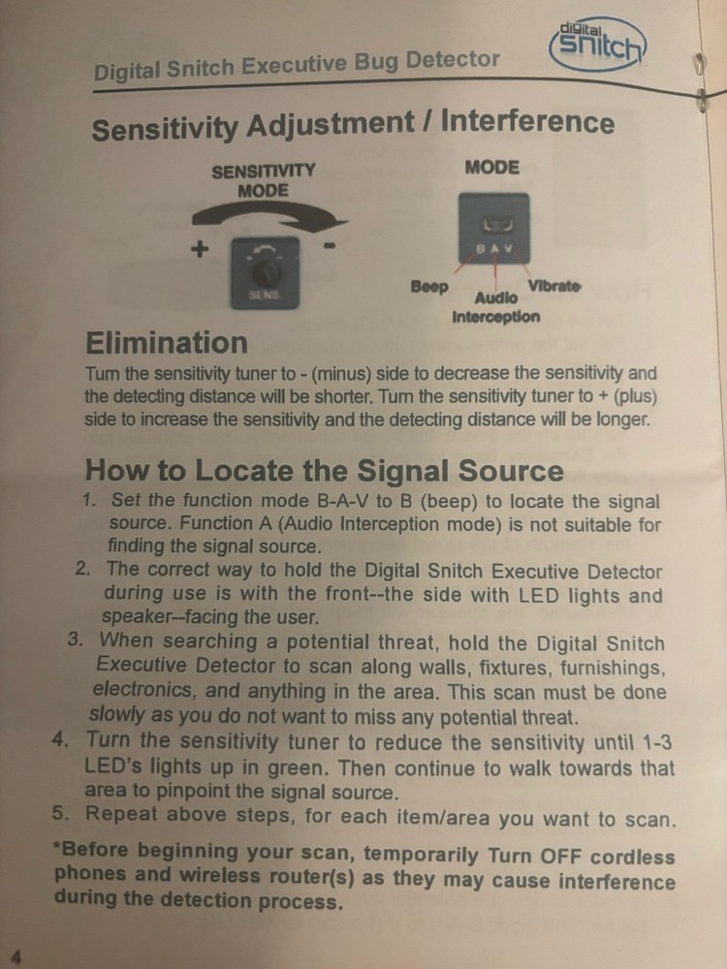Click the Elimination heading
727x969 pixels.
pyautogui.click(x=166, y=342)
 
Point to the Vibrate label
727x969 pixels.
pyautogui.click(x=553, y=286)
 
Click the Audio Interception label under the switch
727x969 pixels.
pyautogui.click(x=495, y=307)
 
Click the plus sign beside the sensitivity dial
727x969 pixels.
pyautogui.click(x=200, y=248)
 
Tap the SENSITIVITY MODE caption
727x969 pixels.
pyautogui.click(x=263, y=180)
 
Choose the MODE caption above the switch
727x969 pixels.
pyautogui.click(x=492, y=167)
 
